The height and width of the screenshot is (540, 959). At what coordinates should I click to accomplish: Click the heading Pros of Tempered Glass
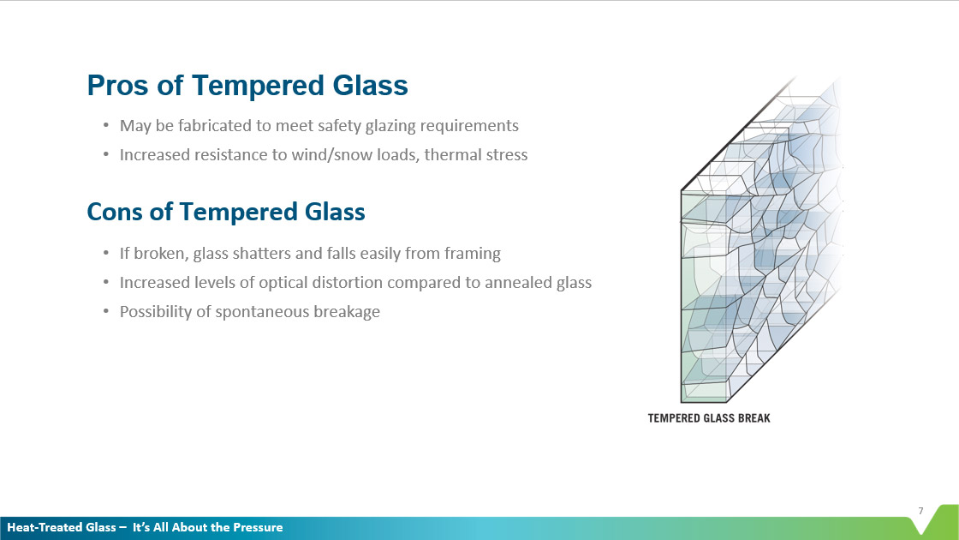[x=247, y=86]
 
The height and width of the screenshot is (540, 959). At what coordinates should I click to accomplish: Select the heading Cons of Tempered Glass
[x=226, y=212]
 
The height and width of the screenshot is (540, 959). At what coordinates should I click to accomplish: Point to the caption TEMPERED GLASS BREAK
[x=709, y=418]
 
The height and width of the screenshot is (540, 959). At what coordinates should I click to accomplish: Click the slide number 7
[x=920, y=512]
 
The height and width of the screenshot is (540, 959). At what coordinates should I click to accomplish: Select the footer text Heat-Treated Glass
[x=61, y=527]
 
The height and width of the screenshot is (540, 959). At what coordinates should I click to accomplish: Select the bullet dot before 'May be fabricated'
[x=105, y=126]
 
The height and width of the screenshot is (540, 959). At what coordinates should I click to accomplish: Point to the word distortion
[x=366, y=283]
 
